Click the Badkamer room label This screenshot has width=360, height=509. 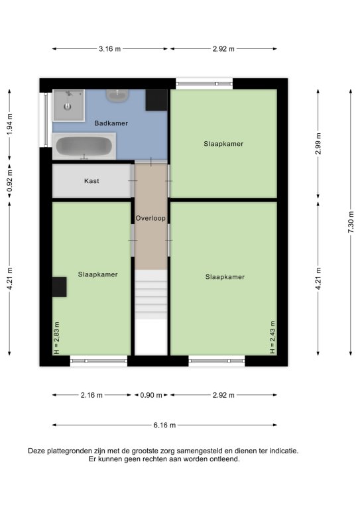coord(111,123)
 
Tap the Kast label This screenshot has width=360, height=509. coord(91,181)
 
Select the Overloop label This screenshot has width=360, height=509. coord(150,218)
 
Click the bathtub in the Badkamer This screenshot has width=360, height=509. coord(84,146)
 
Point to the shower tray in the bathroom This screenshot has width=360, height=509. coord(68,105)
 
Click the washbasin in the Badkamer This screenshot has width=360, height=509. coord(117,95)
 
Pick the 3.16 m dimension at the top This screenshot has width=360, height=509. coord(109,48)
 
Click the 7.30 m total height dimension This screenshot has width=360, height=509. coord(351,222)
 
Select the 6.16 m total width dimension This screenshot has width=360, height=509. coord(164,425)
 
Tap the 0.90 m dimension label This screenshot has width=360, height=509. coord(151,395)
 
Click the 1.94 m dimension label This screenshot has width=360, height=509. coord(10,125)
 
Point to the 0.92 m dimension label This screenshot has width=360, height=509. coord(10,182)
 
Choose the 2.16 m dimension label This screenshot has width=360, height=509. coord(91,395)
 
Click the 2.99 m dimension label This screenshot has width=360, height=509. coord(318,143)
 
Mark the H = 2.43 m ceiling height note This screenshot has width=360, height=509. coord(272,337)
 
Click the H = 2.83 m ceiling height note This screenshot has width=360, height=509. coord(56,338)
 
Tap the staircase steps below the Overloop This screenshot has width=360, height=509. coord(151,295)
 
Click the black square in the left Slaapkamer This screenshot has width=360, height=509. coord(60,286)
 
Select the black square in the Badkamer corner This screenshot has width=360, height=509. coord(156,100)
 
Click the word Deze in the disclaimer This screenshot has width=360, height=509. coord(36,451)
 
